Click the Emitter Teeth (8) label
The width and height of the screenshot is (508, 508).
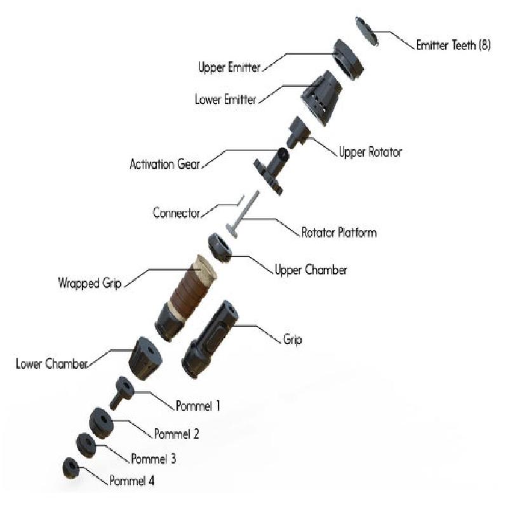coord(453,45)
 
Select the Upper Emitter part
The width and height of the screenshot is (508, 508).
coord(348,60)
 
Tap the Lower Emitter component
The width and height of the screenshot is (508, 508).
coord(321,98)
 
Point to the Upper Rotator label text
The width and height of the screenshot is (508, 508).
coord(370,152)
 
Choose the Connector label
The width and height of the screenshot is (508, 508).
coord(177,213)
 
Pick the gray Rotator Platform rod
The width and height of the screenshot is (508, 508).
coord(244,214)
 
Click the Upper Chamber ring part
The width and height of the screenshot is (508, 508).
coord(220,248)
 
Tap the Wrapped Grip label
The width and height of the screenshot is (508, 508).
coord(90,283)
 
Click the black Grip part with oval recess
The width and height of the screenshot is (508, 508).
coord(210,339)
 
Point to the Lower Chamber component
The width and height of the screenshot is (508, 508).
coord(145,358)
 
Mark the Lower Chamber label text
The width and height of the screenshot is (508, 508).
coord(51,363)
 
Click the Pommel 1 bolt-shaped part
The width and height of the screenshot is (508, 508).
coord(121,393)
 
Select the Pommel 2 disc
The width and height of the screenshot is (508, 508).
coord(101,423)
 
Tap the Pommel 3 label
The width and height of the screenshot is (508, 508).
coord(154,458)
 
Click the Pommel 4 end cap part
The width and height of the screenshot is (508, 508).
coord(71,468)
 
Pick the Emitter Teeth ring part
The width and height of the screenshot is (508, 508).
coord(367,31)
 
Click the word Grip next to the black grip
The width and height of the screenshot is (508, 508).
coord(293,340)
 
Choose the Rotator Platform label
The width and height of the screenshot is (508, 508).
coord(339,232)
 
